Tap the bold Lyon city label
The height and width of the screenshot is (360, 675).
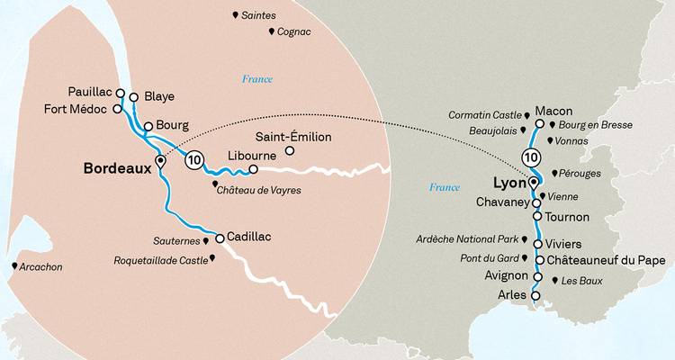tap(509, 184)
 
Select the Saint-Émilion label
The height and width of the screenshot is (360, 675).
tap(293, 137)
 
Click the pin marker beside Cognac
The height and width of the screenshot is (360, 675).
tap(272, 31)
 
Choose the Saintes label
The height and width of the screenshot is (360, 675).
tap(259, 15)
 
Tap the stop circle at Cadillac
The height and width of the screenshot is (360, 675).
tap(219, 238)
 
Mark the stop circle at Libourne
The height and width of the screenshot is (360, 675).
tap(253, 168)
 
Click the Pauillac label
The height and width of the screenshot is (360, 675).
tap(90, 92)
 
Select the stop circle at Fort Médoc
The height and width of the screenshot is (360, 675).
tap(116, 109)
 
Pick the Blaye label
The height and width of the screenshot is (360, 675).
tap(158, 96)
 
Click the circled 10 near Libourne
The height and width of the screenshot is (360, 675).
tap(193, 160)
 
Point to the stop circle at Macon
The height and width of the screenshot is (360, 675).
tap(539, 124)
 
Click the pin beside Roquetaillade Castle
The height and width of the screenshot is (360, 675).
tap(213, 259)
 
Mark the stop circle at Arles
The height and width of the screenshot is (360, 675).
tap(535, 294)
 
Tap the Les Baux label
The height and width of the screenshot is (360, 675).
tap(581, 282)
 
